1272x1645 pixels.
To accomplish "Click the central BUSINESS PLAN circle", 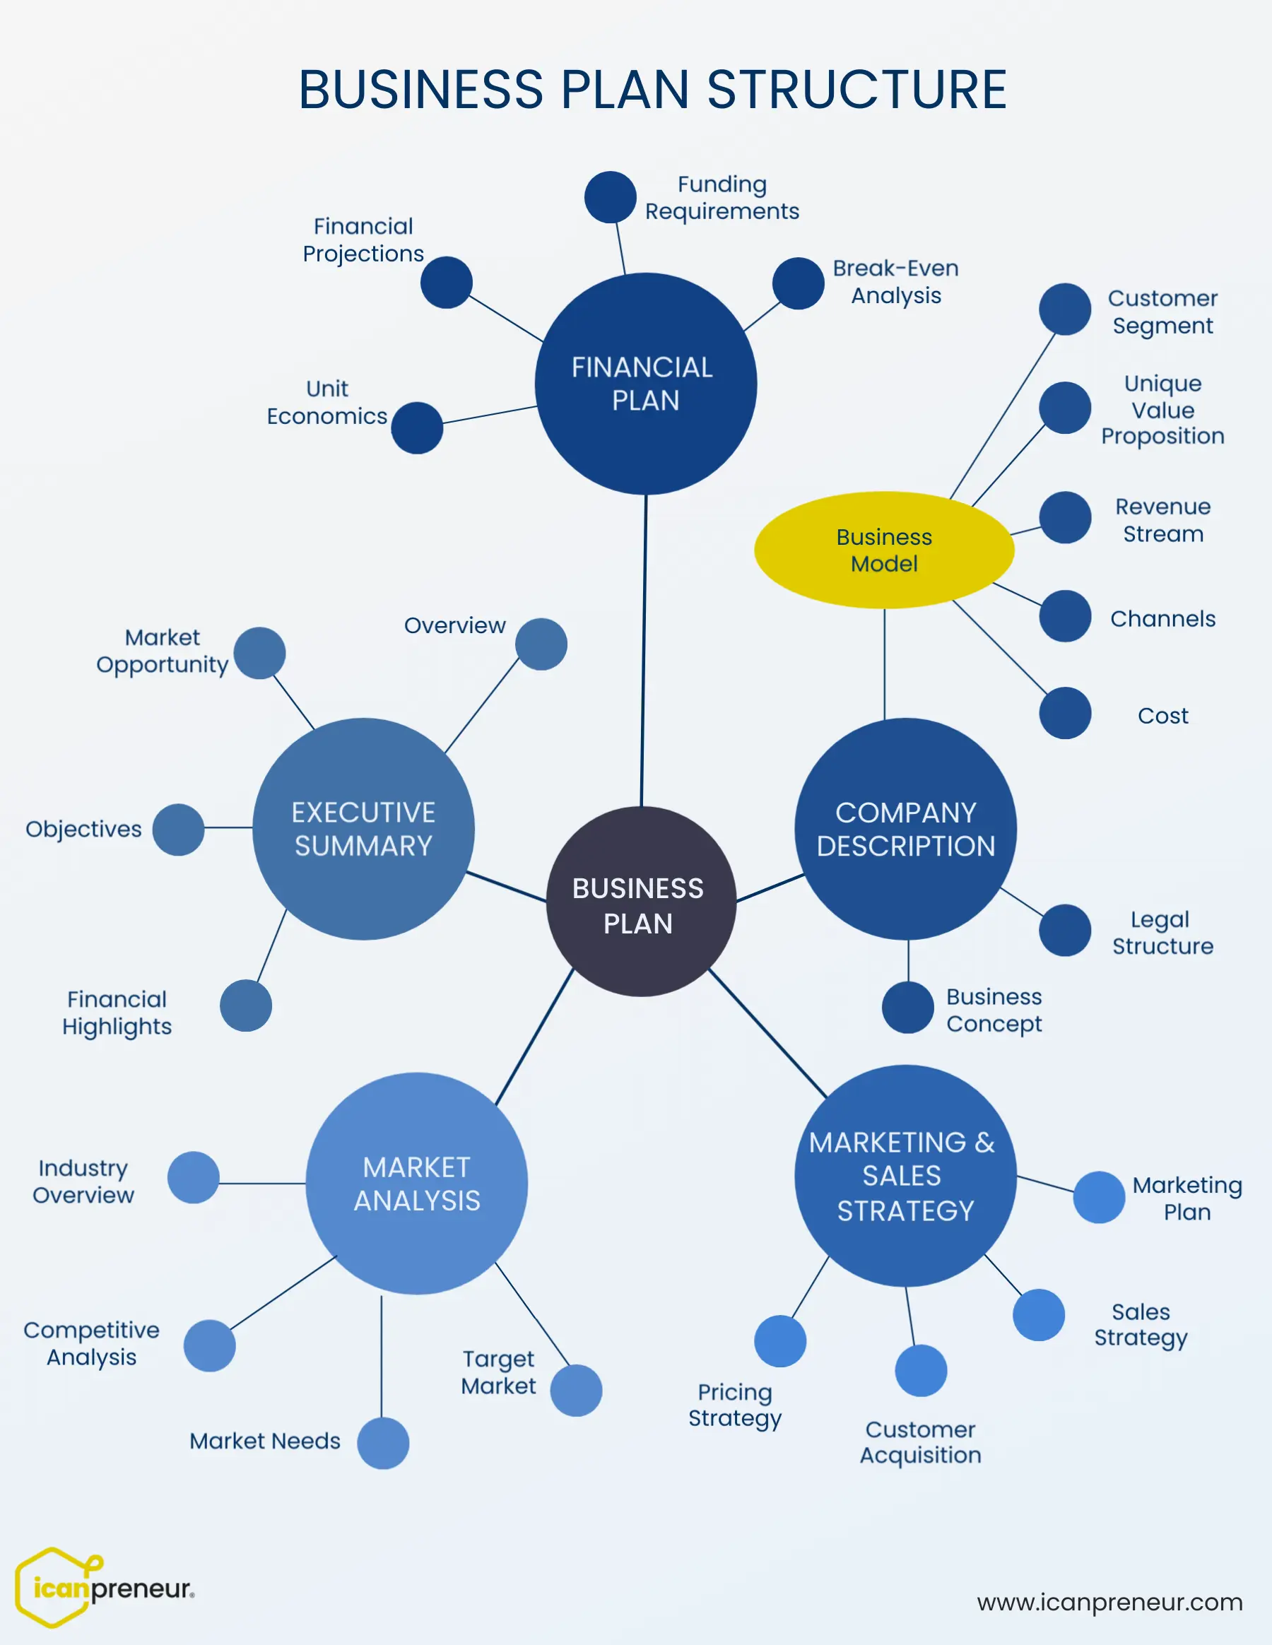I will tap(640, 902).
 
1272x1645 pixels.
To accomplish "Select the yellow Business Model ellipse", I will tap(884, 550).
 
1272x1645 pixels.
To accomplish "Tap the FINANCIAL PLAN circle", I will tap(645, 384).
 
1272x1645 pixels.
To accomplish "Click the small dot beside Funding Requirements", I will tap(610, 197).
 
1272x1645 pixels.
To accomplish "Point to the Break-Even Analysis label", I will tap(895, 282).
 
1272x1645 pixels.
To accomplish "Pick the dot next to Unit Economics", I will tap(416, 428).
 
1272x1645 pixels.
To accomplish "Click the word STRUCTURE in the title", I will tap(856, 90).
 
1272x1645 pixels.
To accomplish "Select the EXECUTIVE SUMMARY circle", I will tap(363, 829).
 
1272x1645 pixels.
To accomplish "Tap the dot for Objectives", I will tap(179, 830).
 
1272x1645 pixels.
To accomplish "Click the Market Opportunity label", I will tap(163, 651).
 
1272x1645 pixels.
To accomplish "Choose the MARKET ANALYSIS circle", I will tap(416, 1184).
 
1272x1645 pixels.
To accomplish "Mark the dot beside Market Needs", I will tap(383, 1443).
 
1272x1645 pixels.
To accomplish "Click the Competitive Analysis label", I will tap(92, 1343).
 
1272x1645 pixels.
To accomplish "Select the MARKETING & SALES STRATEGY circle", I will tap(905, 1176).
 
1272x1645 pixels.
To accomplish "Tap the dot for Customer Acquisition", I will tap(920, 1371).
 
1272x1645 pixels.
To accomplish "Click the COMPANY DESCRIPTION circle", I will tap(905, 829).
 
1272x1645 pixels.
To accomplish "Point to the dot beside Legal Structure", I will tap(1065, 930).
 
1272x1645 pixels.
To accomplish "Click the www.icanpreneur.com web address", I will tap(1109, 1602).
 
